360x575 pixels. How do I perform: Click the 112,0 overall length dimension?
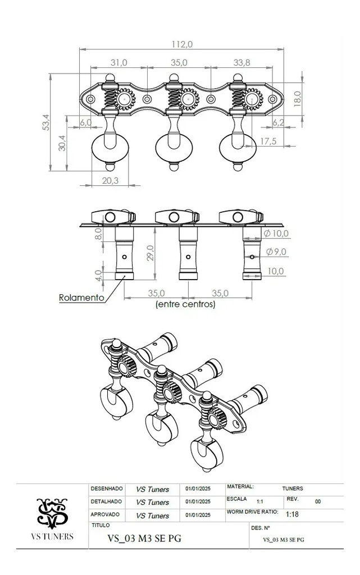tap(182, 44)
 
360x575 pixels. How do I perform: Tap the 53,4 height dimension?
tap(46, 122)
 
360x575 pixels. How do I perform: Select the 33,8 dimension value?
tap(241, 63)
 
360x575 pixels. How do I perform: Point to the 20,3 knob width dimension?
tap(110, 180)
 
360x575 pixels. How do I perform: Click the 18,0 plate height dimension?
tap(297, 99)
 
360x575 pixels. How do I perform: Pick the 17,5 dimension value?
tap(268, 141)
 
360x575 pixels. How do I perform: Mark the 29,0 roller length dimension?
tap(151, 253)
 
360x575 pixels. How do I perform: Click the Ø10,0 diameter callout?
tap(276, 233)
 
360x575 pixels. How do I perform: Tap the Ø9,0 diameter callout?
tap(276, 252)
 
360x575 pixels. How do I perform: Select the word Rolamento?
tap(81, 298)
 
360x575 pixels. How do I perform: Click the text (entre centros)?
tap(185, 304)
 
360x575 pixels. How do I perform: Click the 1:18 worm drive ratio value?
tap(292, 514)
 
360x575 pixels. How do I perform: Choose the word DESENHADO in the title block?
tap(106, 489)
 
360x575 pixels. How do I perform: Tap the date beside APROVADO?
tap(198, 515)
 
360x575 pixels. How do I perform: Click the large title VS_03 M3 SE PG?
tap(144, 538)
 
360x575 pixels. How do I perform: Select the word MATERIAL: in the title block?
tap(240, 487)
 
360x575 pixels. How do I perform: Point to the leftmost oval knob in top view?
tap(110, 147)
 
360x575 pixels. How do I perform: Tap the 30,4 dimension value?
tap(62, 143)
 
